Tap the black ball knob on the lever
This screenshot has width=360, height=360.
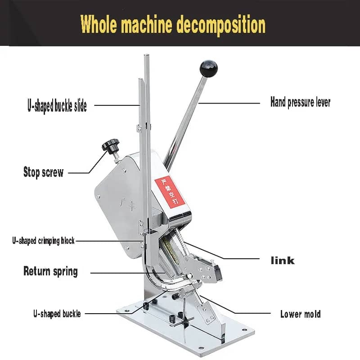(208, 68)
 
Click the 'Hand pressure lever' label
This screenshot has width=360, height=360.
(300, 102)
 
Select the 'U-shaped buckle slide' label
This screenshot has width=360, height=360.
(57, 107)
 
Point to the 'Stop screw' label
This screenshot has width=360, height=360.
(43, 172)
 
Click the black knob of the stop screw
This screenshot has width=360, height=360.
(109, 145)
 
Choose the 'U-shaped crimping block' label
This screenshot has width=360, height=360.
(43, 241)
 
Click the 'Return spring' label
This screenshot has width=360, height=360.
(50, 271)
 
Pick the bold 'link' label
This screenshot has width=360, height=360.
(282, 260)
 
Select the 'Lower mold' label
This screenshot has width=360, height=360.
(300, 314)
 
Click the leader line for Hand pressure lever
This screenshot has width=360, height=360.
(229, 103)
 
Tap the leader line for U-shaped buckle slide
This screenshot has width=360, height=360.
(117, 106)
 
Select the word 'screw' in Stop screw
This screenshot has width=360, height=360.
(53, 172)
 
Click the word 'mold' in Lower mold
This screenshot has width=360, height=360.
(311, 314)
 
